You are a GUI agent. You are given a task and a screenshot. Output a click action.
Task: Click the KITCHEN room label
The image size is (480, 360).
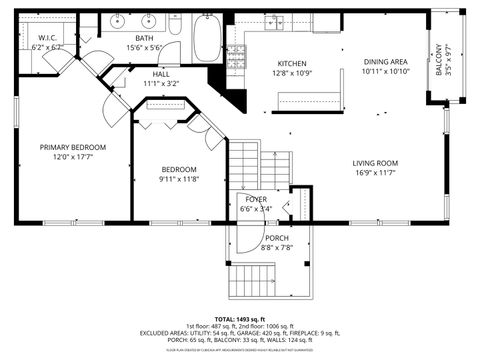pos(291,63)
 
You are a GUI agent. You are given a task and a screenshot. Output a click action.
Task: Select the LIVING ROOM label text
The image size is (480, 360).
pos(375,163)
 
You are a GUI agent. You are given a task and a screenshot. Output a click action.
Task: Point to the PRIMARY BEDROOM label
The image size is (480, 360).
pos(73,147)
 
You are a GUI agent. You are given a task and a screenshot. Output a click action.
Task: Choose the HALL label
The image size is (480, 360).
pos(161,74)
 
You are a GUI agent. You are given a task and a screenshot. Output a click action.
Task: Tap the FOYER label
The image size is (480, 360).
pos(256,199)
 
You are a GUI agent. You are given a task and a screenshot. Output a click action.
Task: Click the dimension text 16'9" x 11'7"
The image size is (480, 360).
pos(375,173)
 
